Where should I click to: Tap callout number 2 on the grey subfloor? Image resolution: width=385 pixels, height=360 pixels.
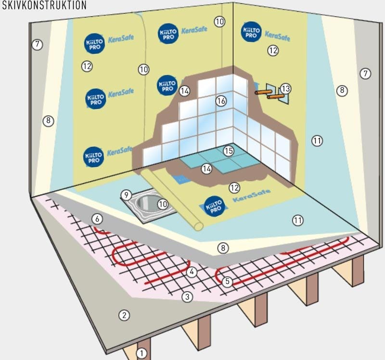coord(124,315)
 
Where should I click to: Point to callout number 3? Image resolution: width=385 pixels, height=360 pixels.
coord(187,297)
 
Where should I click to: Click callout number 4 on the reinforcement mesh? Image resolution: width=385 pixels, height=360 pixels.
coord(192,272)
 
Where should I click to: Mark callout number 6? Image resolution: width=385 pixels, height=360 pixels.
coord(97,219)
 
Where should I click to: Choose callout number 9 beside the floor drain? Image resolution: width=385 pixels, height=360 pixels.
coord(125,195)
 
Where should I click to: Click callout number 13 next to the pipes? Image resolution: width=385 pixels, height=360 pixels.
coord(286,88)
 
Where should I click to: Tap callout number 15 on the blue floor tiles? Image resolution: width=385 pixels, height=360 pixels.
coord(229,151)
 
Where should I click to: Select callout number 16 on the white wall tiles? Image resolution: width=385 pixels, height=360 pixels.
coord(221,101)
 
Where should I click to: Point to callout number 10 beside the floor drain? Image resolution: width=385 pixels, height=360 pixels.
coord(163,204)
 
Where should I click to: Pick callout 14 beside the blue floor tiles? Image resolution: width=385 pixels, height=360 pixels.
coord(207,169)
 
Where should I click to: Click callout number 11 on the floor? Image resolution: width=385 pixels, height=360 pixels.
coord(298,220)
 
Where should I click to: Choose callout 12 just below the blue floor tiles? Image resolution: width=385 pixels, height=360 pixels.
coord(234,187)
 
